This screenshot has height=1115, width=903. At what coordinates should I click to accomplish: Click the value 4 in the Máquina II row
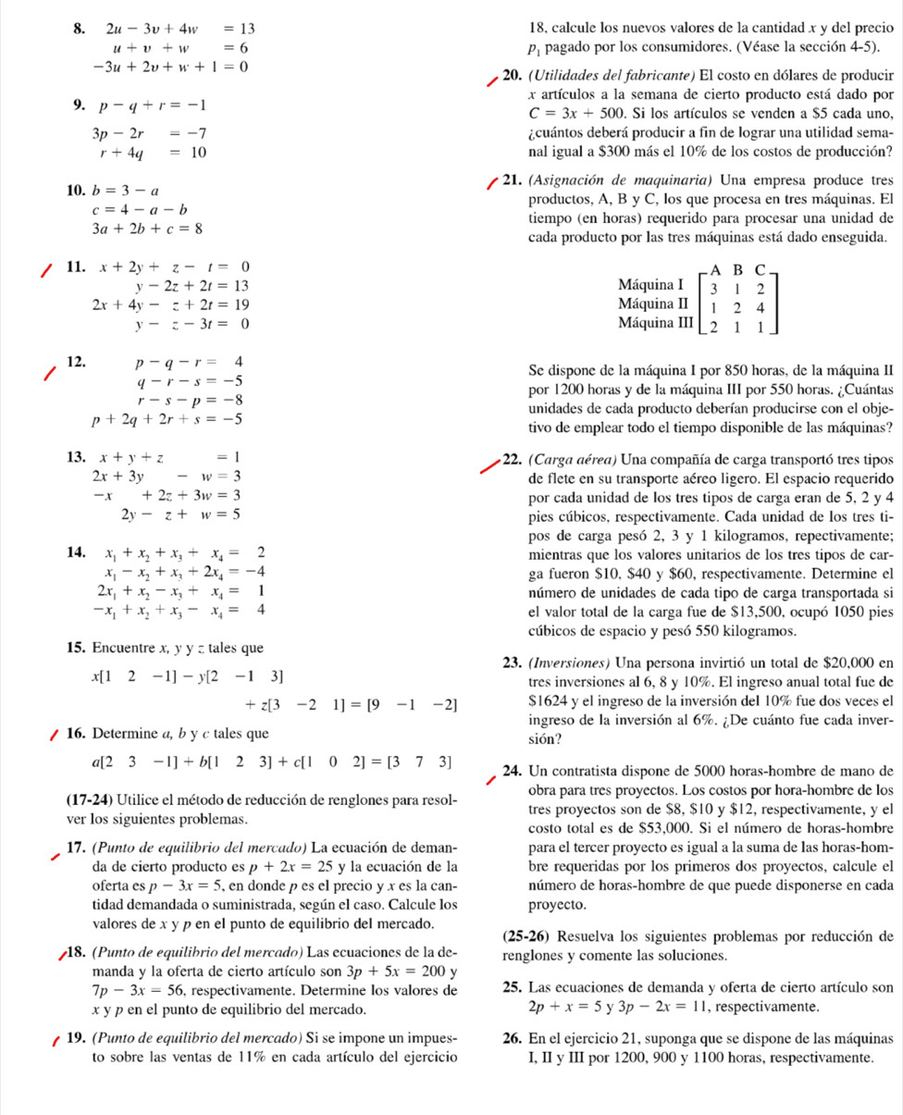[760, 303]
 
